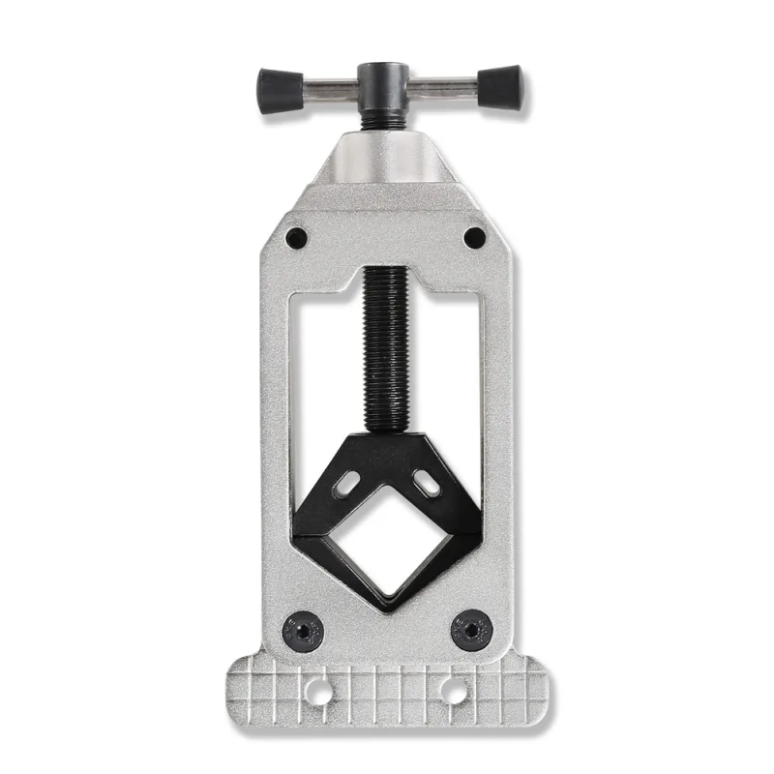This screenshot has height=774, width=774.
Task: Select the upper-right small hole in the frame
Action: [x=474, y=237]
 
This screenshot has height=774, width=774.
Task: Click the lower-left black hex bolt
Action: [x=303, y=630]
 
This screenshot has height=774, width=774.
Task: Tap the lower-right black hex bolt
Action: [x=472, y=630]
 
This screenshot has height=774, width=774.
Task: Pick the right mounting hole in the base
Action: [x=452, y=690]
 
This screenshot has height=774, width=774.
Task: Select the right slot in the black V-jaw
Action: [x=426, y=482]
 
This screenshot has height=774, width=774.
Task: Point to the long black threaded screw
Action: [x=387, y=348]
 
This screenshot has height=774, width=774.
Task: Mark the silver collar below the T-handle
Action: [x=387, y=160]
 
